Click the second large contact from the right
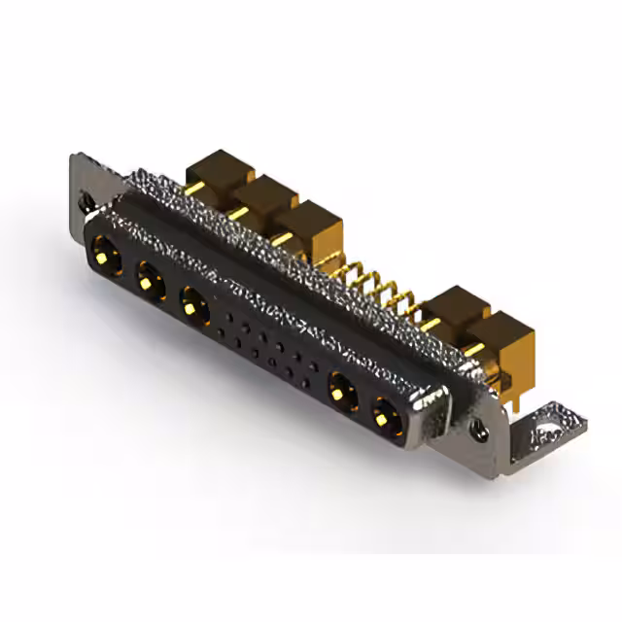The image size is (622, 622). pos(341,393)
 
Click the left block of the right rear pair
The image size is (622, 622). pos(455,310)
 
